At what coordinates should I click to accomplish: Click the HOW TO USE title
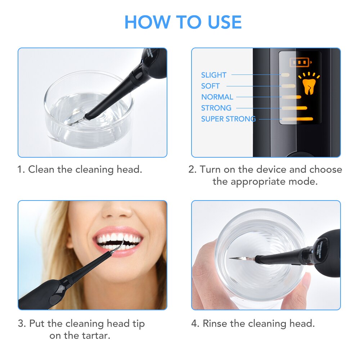pyautogui.click(x=183, y=22)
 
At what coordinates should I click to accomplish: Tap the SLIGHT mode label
pyautogui.click(x=213, y=75)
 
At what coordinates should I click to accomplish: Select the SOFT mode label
pyautogui.click(x=210, y=86)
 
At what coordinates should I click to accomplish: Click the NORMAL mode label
pyautogui.click(x=217, y=97)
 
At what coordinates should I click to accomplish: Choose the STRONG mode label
pyautogui.click(x=216, y=108)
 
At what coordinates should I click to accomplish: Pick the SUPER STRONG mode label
pyautogui.click(x=228, y=119)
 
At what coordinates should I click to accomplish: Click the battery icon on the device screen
pyautogui.click(x=300, y=62)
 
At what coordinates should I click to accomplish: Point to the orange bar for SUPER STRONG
pyautogui.click(x=298, y=119)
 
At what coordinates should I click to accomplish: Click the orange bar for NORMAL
pyautogui.click(x=292, y=97)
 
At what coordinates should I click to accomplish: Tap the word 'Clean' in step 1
pyautogui.click(x=40, y=170)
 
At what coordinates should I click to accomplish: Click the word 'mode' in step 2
pyautogui.click(x=306, y=181)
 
